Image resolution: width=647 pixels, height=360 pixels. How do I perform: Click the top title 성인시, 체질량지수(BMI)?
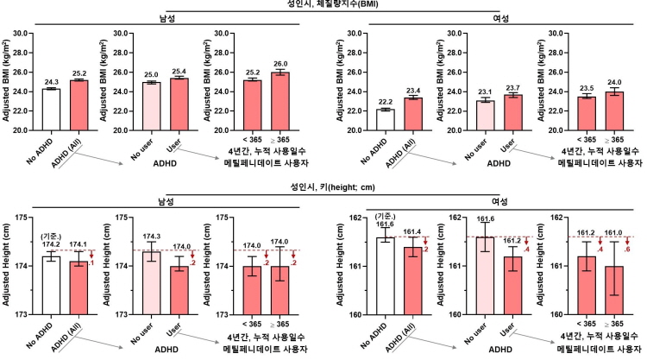click(323, 5)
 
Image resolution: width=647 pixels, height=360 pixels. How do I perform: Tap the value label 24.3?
click(53, 83)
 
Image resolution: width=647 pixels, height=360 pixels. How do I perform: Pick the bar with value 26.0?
click(282, 102)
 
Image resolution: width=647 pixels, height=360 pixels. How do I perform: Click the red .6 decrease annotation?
click(602, 249)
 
